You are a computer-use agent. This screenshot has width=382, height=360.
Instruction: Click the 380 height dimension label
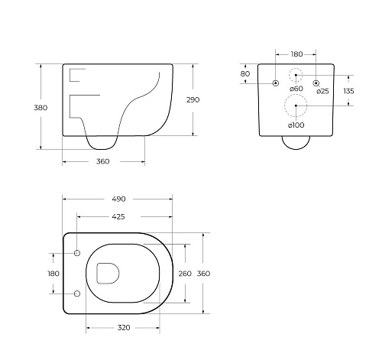point(40,108)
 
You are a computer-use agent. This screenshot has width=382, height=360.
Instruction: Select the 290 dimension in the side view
point(193,100)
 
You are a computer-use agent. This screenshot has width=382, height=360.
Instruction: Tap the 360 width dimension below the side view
point(103,161)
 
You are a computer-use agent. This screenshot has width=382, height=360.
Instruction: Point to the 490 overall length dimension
point(118,199)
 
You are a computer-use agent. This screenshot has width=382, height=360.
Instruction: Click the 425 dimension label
point(118,217)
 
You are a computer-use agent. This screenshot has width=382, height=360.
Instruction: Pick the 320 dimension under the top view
point(124,327)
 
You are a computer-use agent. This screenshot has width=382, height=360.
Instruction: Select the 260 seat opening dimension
point(185,274)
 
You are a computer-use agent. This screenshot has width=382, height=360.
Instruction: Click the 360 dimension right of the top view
point(203,274)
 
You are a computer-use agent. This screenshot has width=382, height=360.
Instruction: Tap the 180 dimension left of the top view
point(53,274)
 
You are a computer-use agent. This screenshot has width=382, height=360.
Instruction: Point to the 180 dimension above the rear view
point(296,54)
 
